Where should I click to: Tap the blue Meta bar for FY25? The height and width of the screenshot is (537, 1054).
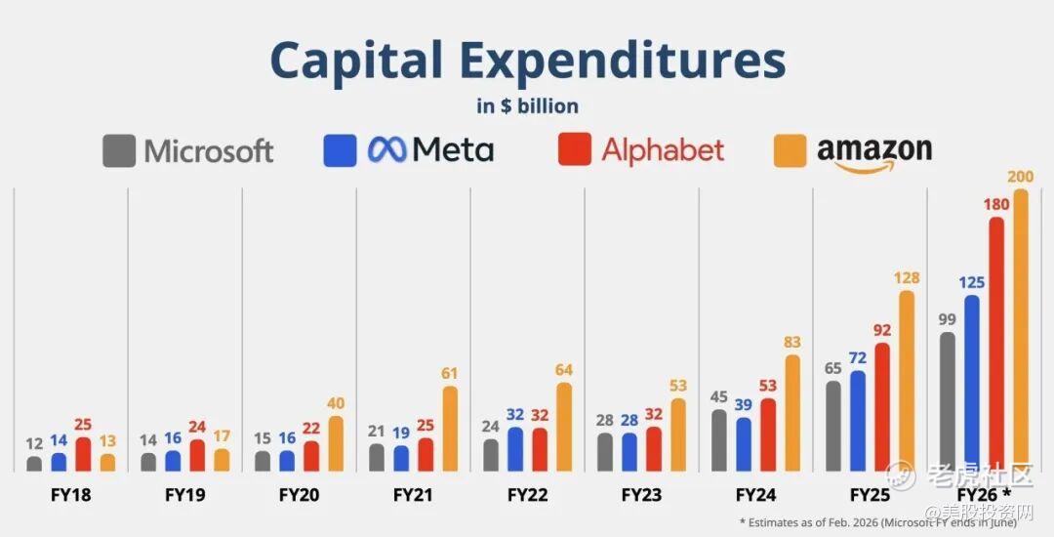click(x=858, y=420)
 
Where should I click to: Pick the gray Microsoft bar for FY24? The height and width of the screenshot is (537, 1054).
click(x=719, y=440)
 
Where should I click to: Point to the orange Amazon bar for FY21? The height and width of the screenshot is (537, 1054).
click(x=450, y=429)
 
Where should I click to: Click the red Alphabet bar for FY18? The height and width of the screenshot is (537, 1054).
click(x=83, y=454)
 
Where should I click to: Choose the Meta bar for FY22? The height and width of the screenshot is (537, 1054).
click(x=515, y=449)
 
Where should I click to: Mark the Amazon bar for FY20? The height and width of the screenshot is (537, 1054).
click(x=336, y=443)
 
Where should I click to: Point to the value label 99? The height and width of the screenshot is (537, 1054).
click(x=947, y=318)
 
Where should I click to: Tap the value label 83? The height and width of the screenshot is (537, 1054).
click(x=792, y=341)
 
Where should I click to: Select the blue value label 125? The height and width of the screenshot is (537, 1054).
click(x=971, y=281)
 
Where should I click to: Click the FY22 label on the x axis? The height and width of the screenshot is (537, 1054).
click(x=526, y=495)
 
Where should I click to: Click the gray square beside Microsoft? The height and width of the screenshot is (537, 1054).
click(x=119, y=150)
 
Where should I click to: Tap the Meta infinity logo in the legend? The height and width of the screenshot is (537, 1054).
click(x=386, y=149)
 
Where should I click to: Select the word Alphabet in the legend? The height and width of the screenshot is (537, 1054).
click(x=663, y=150)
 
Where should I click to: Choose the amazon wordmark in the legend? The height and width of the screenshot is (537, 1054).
click(x=873, y=151)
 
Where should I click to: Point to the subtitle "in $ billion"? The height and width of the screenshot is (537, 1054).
click(x=527, y=105)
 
